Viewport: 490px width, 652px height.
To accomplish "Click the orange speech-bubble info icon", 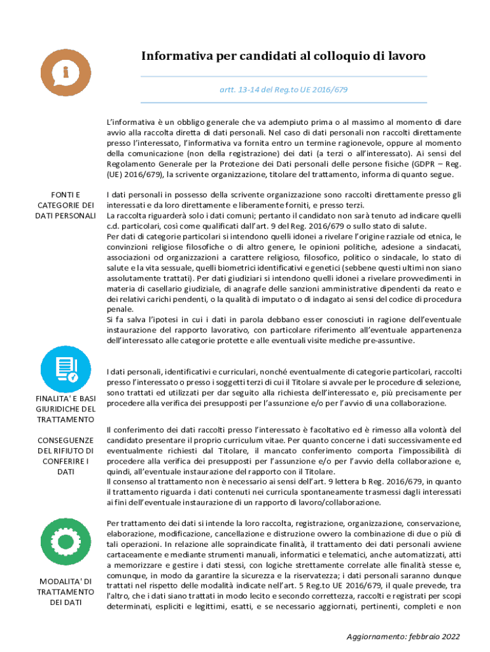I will click(x=66, y=72).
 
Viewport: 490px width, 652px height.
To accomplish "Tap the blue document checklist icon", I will click(x=66, y=368).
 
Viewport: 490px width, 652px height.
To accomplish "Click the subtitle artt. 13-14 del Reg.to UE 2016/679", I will click(x=283, y=90).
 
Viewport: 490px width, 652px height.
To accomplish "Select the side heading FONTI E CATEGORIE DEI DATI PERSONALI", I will click(x=66, y=205).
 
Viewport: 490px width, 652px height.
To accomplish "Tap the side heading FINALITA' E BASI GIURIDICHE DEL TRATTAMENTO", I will click(x=66, y=409).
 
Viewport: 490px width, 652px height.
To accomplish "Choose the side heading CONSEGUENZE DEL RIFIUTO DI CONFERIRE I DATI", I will click(x=66, y=456).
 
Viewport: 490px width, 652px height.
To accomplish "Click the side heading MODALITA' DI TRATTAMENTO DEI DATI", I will click(x=66, y=592).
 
